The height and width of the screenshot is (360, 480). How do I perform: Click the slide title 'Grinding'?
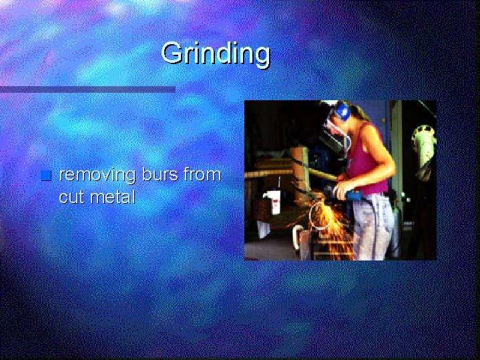point(216,54)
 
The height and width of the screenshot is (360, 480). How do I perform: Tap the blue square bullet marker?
point(46,176)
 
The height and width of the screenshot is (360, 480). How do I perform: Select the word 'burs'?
point(160,174)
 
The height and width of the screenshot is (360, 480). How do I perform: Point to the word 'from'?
point(202,174)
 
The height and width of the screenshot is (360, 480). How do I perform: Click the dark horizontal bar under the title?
point(88,89)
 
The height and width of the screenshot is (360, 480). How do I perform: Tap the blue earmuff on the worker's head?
point(343,111)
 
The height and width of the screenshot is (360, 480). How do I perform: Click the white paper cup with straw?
point(274,200)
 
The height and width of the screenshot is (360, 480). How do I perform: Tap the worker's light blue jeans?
point(372,226)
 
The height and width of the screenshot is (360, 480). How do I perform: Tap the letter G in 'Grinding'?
point(172,53)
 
